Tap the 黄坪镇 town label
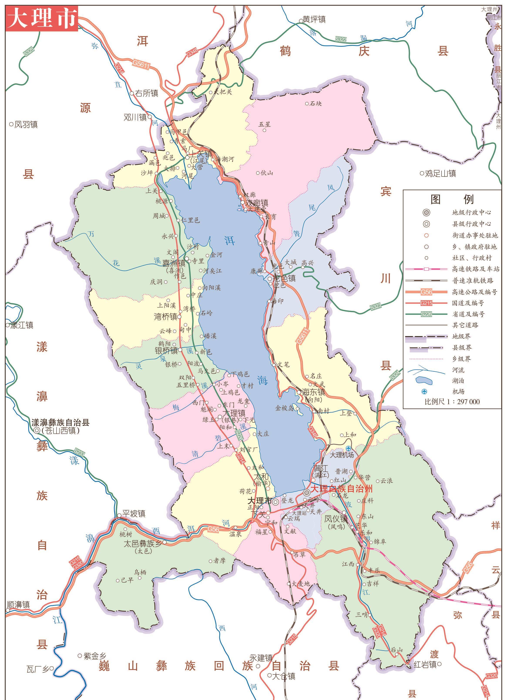tap(314, 19)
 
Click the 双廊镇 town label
tap(256, 203)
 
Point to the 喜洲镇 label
tap(174, 263)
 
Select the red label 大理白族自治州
tap(341, 488)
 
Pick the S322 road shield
tap(341, 39)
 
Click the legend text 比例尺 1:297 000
tap(452, 402)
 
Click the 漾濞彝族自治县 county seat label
tap(60, 423)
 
